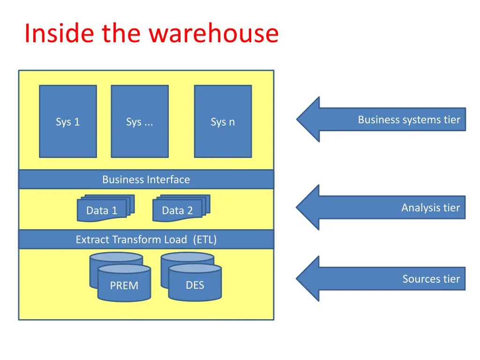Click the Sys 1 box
(68, 121)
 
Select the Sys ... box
(140, 121)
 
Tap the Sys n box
(223, 121)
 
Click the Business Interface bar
(146, 180)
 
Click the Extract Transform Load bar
(146, 240)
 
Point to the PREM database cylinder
(124, 284)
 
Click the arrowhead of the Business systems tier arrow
(309, 120)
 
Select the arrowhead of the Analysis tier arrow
(309, 208)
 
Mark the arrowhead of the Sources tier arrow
(309, 279)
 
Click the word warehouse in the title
(214, 34)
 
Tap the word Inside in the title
(52, 34)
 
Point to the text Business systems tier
(409, 120)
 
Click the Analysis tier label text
(430, 208)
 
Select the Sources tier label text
(431, 279)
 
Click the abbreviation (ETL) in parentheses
(205, 240)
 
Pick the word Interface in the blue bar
(168, 180)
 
